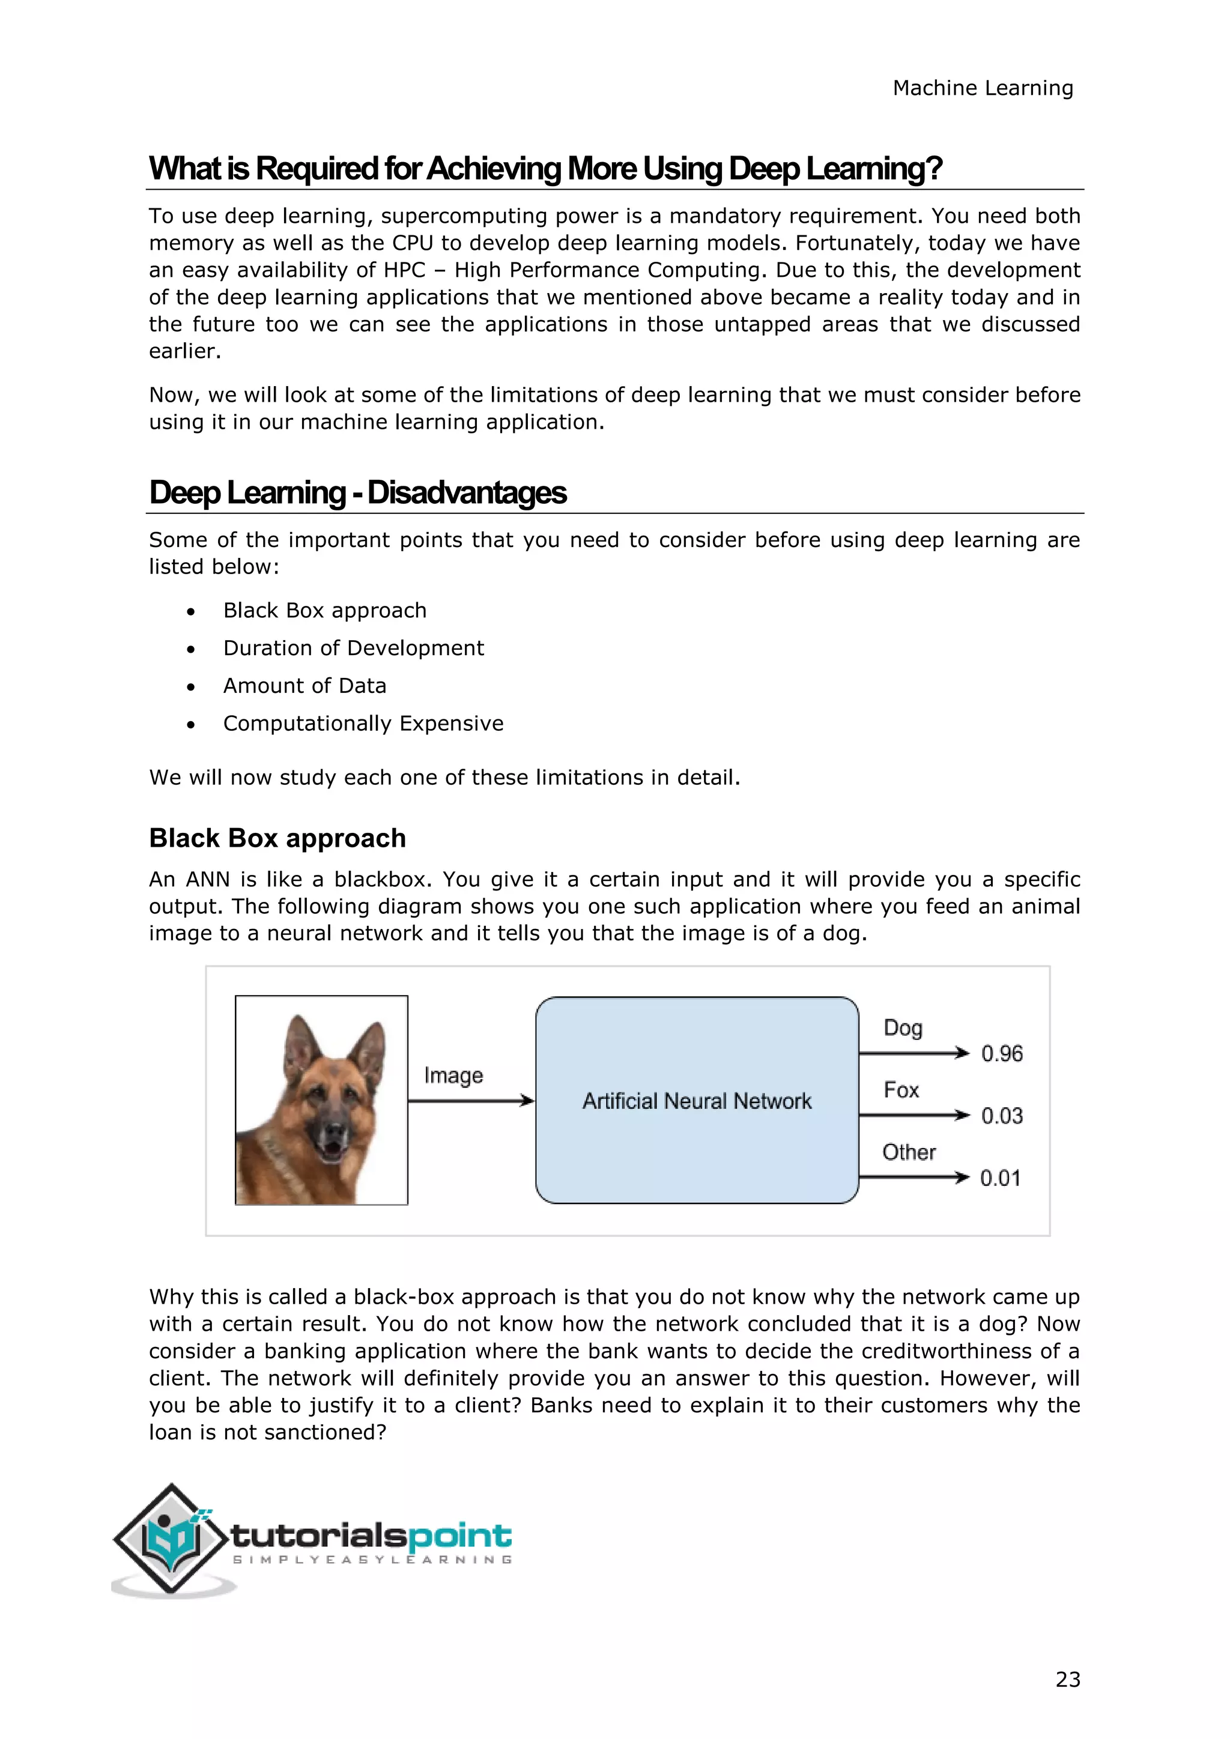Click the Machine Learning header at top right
(983, 89)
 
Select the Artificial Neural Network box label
(697, 1101)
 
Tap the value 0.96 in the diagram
(1001, 1054)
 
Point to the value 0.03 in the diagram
(1001, 1116)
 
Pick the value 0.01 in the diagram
(1000, 1178)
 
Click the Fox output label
(900, 1090)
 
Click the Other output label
(908, 1152)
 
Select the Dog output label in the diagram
(902, 1028)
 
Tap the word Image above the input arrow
(453, 1075)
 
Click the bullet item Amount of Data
(304, 685)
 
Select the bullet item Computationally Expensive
(363, 724)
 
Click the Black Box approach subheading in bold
(277, 838)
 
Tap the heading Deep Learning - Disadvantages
(357, 492)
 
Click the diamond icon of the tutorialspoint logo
(171, 1538)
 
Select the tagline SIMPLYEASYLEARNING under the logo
(372, 1559)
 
